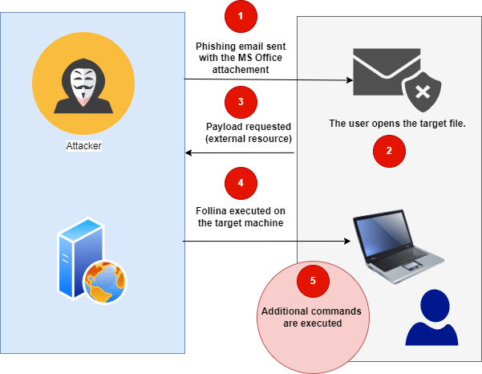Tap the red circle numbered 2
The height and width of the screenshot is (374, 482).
[390, 150]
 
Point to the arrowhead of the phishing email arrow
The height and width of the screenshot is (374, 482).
[350, 80]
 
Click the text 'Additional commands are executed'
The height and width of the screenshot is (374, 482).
[313, 316]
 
